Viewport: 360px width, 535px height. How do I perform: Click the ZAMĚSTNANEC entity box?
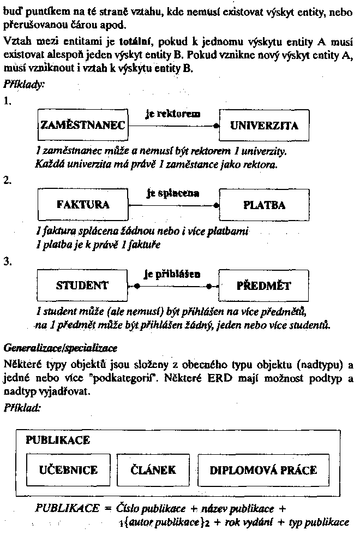click(82, 126)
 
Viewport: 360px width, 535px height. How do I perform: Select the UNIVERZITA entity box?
click(264, 126)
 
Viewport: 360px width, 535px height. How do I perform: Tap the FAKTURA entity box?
click(82, 205)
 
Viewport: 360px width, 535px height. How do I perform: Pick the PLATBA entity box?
click(264, 205)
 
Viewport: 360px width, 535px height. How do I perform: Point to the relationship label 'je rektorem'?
click(173, 114)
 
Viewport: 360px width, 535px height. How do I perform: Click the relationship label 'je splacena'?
click(172, 193)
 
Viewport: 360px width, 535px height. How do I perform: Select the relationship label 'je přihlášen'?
click(172, 274)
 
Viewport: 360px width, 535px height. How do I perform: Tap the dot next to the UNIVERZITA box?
click(216, 126)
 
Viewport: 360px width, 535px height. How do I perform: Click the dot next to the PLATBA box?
click(216, 205)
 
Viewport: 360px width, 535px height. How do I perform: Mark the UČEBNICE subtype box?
click(68, 470)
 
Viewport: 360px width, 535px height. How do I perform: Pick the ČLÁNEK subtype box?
click(154, 470)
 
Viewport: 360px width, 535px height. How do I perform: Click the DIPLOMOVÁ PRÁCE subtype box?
click(263, 470)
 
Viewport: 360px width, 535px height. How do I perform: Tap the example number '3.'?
click(7, 261)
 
